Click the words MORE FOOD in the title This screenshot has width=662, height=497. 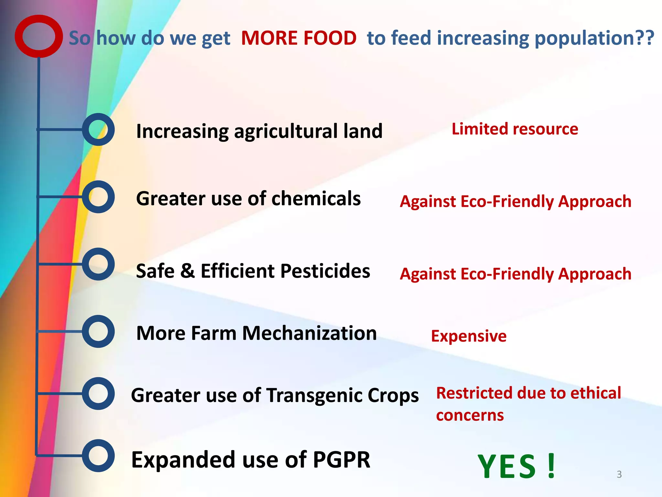tap(299, 38)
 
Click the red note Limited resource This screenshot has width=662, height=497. tap(515, 129)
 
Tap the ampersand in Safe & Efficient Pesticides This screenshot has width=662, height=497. tap(187, 271)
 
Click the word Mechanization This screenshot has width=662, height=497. tap(309, 333)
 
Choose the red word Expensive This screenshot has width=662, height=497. tap(469, 336)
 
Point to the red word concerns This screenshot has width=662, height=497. tap(470, 415)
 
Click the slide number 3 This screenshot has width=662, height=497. tap(619, 474)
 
